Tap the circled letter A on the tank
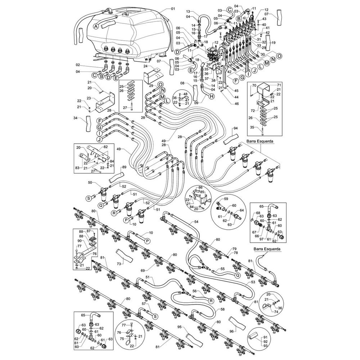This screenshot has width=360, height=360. pos(96,26)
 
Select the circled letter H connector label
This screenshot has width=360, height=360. pos(211,96)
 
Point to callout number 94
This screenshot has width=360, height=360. pos(236,128)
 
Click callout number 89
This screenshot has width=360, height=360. pos(124,167)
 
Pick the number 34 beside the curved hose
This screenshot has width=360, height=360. pos(75,118)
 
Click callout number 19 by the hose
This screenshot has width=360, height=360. pos(274,42)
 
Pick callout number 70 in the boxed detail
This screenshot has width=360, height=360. pos(253,85)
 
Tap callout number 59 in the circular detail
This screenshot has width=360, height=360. pos(226,199)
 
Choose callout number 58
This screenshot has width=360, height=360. pos(223,309)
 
